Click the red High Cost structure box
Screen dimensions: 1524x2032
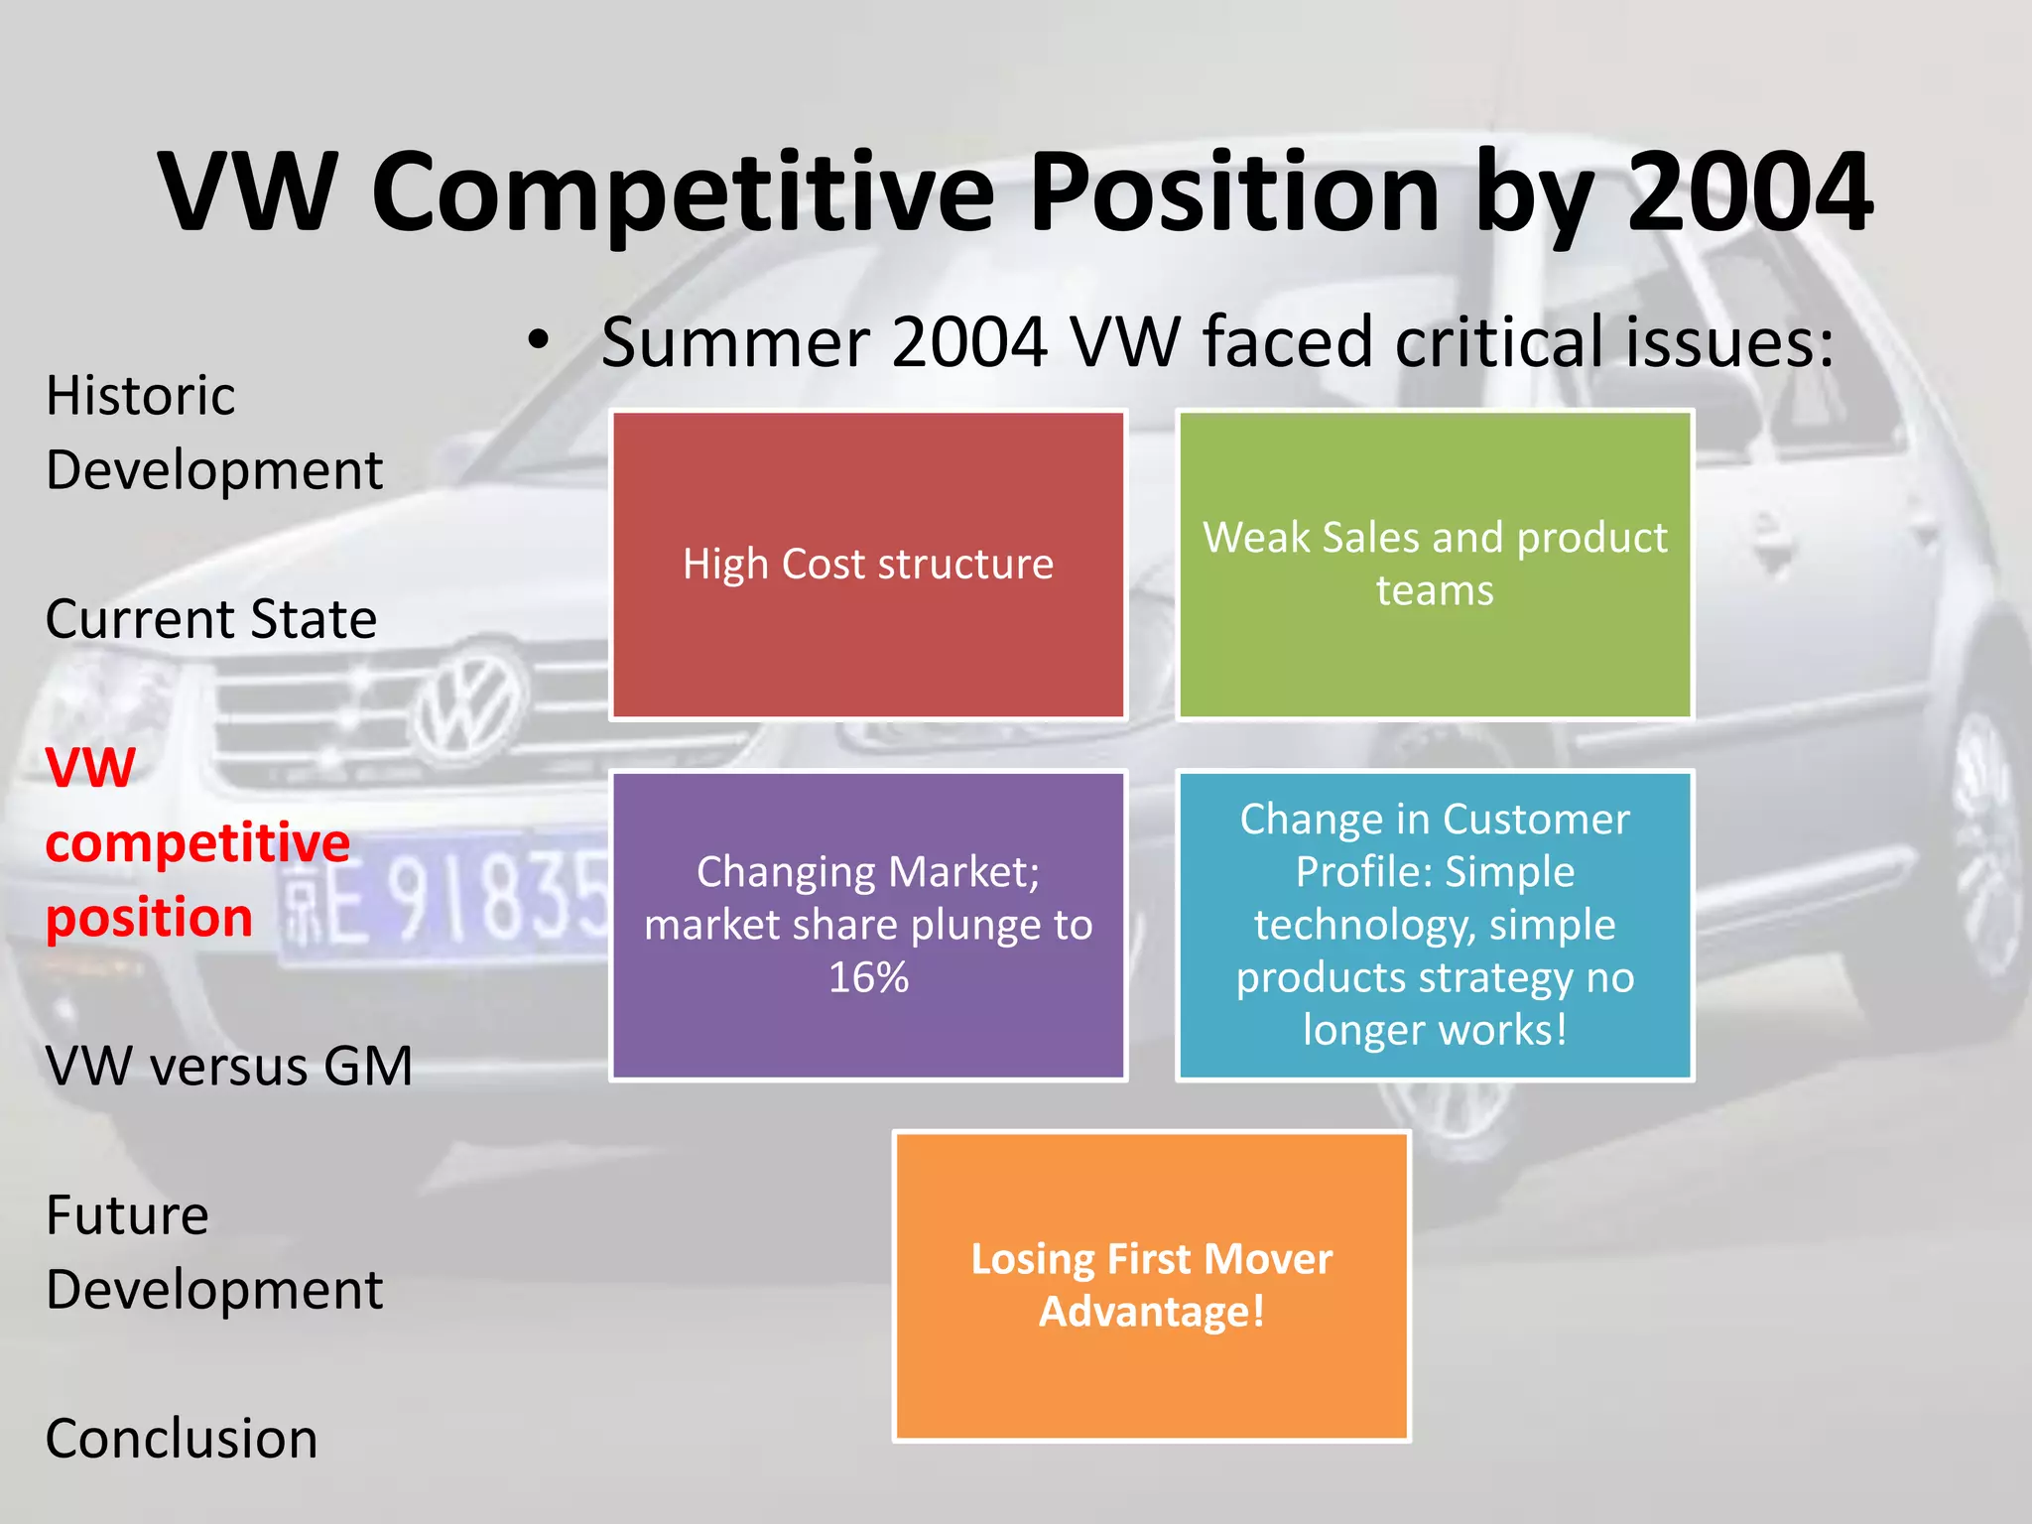click(x=868, y=564)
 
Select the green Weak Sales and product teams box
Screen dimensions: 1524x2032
click(x=1435, y=564)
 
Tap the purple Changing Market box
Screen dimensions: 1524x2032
click(x=868, y=925)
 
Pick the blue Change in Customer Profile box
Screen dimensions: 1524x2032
click(x=1435, y=925)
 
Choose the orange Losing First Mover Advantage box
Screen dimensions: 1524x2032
click(x=1151, y=1286)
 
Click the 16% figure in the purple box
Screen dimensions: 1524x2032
click(x=868, y=977)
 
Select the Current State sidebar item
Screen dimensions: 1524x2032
click(x=211, y=619)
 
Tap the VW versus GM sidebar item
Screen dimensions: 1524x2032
click(x=229, y=1067)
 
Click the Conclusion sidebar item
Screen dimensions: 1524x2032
click(x=182, y=1439)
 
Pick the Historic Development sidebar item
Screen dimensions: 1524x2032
click(x=213, y=433)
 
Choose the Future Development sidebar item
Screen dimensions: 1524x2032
click(x=213, y=1252)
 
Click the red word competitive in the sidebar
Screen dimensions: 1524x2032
click(x=197, y=842)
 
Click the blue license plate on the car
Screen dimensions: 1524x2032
click(x=446, y=898)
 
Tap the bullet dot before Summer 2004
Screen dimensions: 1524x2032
click(x=538, y=341)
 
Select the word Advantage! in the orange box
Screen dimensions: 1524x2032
click(x=1151, y=1312)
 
